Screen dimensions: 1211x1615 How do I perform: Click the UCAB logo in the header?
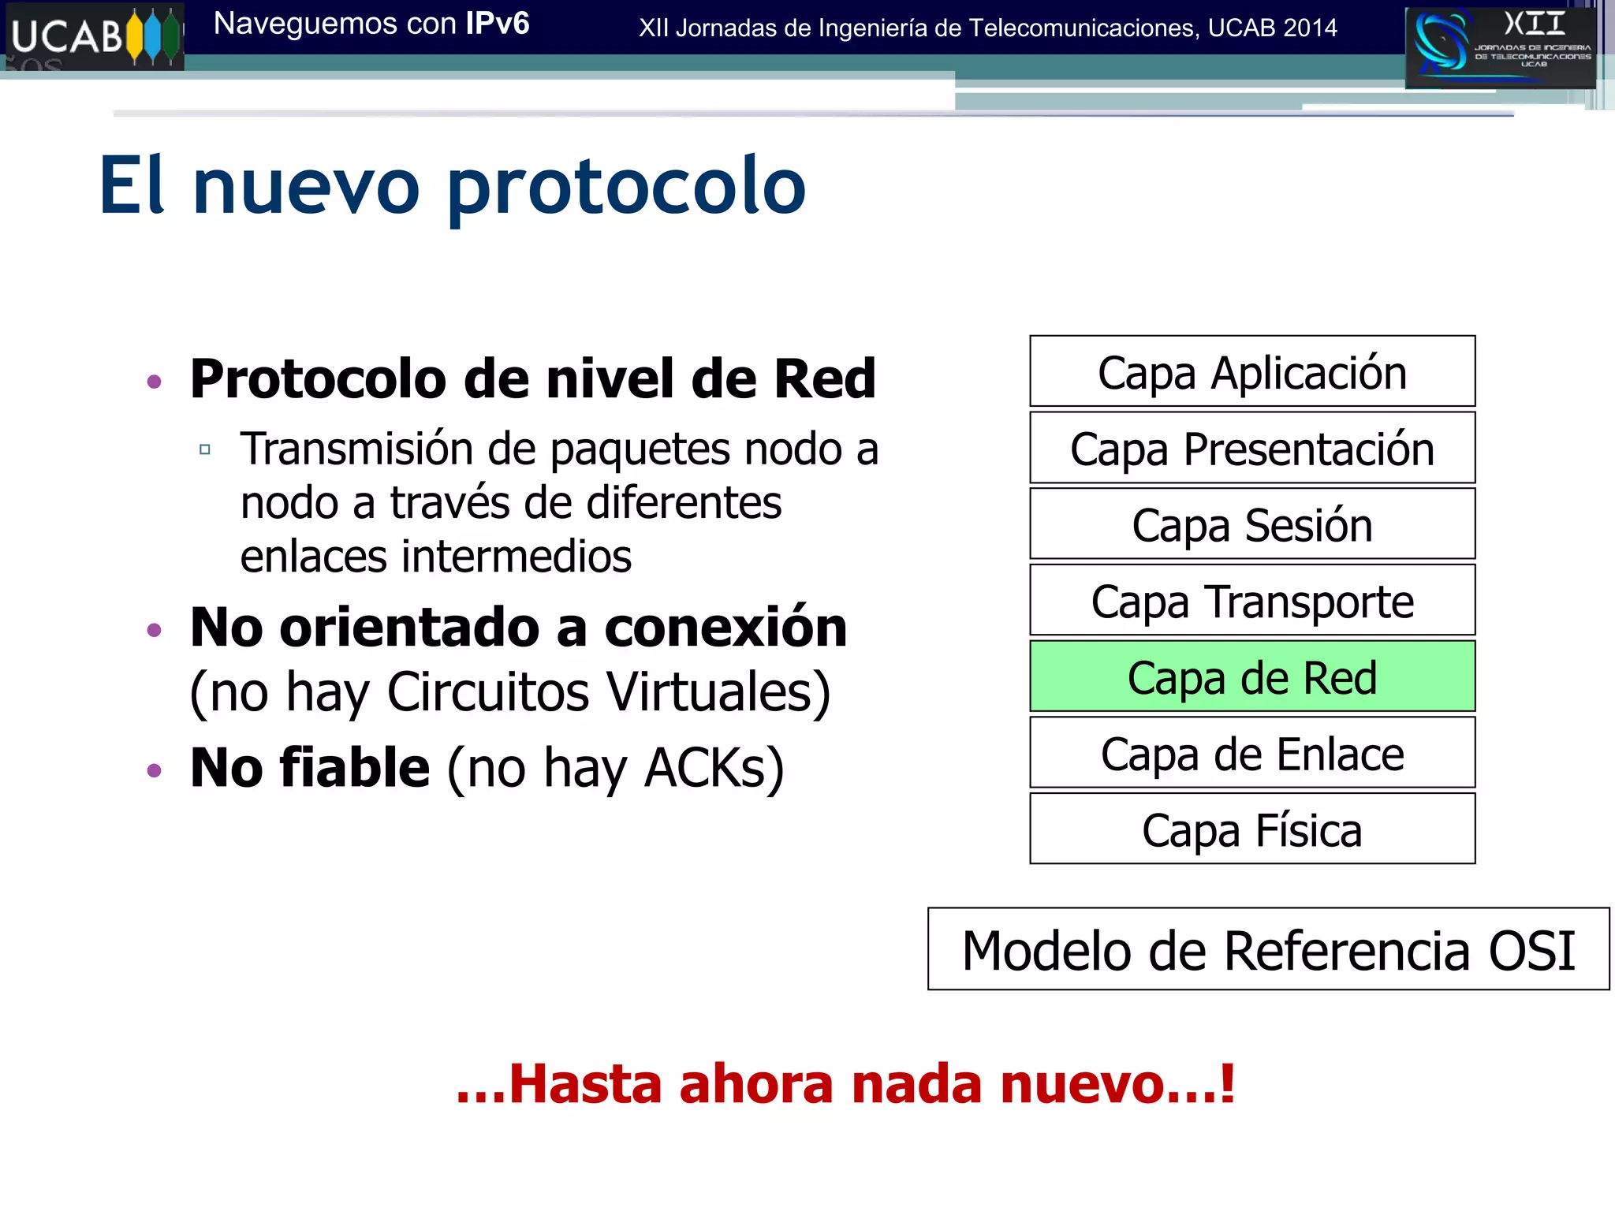94,36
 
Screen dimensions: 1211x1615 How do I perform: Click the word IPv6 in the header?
497,24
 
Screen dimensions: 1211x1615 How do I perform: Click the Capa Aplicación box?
1251,371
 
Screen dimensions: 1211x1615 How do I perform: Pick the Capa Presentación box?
1251,448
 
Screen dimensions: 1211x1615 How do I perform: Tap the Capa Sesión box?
1251,524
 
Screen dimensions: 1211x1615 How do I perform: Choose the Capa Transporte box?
1251,601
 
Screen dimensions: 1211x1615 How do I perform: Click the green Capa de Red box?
1251,676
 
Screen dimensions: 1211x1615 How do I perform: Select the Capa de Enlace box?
1251,753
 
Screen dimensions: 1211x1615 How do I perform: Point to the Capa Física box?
1251,829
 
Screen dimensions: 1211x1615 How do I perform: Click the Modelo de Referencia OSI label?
1267,949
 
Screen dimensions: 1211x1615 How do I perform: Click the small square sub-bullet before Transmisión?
205,449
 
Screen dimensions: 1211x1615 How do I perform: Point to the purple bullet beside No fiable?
155,770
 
